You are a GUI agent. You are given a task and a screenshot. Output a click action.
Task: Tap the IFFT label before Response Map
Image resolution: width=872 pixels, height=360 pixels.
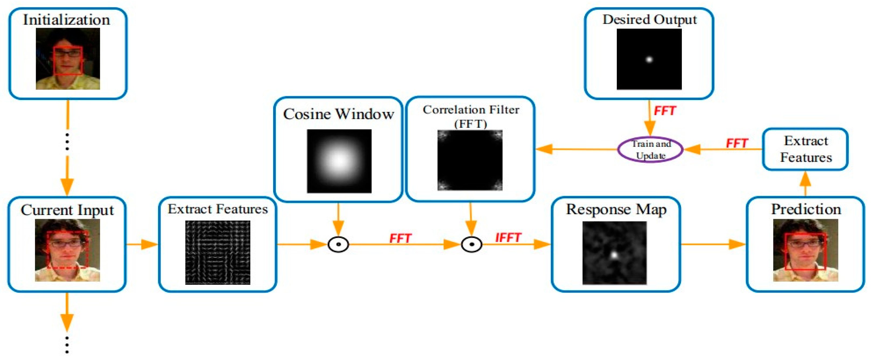point(508,238)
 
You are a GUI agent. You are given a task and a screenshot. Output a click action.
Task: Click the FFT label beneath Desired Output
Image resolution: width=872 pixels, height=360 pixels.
point(665,111)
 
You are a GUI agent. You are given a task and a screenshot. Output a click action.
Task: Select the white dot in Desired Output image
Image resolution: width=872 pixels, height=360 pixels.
point(649,60)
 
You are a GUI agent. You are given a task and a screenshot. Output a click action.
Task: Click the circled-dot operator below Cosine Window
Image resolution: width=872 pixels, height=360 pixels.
point(338,244)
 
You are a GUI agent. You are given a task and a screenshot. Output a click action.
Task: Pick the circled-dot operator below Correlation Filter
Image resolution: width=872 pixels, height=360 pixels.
point(471,244)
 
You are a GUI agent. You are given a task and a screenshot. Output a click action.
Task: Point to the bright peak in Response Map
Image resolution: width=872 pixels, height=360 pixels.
point(614,254)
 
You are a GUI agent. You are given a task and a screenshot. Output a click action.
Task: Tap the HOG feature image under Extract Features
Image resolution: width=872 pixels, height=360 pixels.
point(217,252)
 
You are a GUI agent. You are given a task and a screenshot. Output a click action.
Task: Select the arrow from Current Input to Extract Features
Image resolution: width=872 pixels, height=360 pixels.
point(142,244)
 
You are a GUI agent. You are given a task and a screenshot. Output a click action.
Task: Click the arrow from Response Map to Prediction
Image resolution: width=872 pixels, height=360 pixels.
point(713,244)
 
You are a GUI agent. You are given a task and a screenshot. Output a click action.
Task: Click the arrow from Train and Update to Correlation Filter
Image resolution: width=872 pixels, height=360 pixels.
point(575,149)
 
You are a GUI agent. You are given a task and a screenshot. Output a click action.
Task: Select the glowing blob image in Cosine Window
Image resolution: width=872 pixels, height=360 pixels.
point(339,161)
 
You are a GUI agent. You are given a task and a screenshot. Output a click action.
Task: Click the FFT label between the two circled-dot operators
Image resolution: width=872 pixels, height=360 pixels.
point(400,238)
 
